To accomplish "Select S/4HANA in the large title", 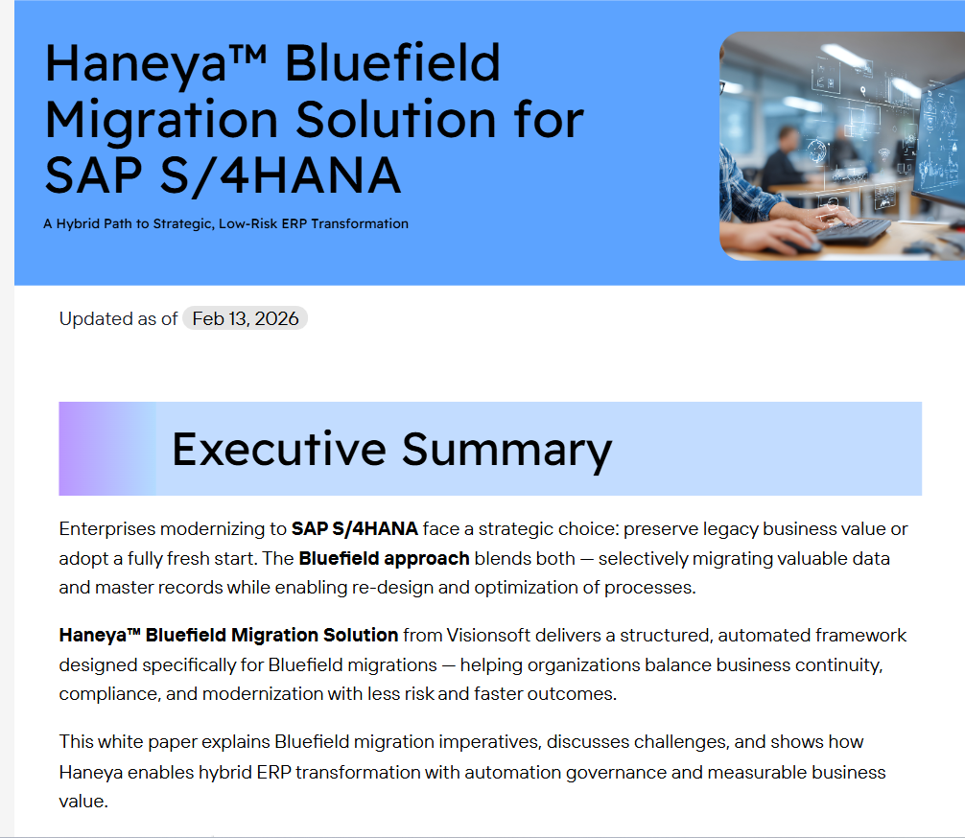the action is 280,175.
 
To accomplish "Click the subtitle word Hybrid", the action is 78,224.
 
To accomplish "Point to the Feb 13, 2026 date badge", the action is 245,318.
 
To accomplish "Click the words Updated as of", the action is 118,318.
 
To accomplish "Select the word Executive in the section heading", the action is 279,449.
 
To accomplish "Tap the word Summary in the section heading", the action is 506,452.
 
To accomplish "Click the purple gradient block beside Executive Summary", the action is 107,449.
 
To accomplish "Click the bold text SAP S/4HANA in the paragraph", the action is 355,529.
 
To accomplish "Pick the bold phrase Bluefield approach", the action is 384,559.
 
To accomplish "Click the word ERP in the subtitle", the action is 294,224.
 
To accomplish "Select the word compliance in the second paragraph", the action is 109,694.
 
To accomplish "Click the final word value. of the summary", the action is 83,801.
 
